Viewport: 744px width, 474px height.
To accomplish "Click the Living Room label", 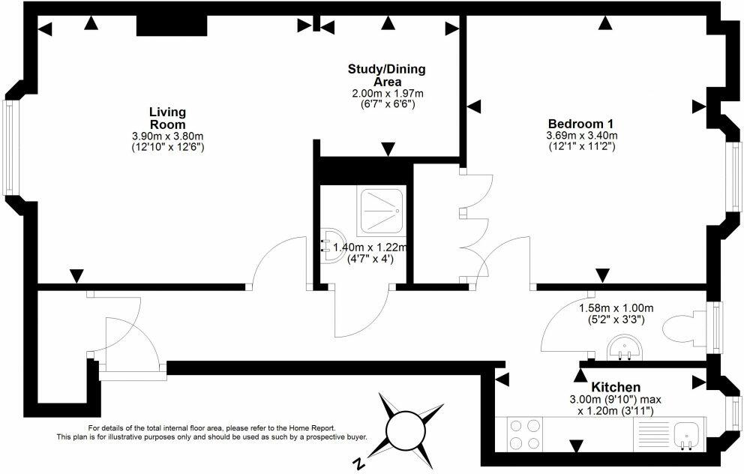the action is (x=167, y=118).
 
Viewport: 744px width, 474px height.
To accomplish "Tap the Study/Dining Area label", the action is (x=387, y=75).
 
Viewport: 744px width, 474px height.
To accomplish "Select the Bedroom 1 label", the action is (x=580, y=124).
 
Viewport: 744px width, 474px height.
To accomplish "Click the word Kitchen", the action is (x=616, y=387).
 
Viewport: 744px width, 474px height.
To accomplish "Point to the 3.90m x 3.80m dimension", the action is (x=167, y=136).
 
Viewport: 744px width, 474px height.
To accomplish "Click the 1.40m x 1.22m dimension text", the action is (x=370, y=247).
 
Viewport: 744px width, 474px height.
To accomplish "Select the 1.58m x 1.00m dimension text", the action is (x=616, y=308).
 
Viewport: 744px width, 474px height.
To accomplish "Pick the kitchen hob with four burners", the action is (x=525, y=434).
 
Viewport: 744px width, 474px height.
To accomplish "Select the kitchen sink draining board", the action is (x=652, y=434).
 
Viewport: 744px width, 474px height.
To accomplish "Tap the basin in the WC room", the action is (x=625, y=347).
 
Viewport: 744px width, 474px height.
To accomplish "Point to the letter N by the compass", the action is (x=360, y=462).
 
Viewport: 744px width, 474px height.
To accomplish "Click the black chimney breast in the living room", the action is (x=172, y=25).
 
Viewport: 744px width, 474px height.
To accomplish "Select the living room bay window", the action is (x=7, y=148).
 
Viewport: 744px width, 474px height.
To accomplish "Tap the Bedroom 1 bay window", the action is (x=736, y=176).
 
